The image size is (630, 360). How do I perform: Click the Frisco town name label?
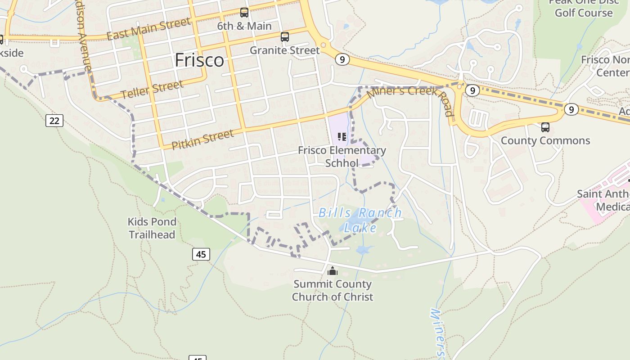[199, 60]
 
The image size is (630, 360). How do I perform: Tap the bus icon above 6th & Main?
[244, 13]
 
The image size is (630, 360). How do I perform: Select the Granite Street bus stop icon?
[285, 37]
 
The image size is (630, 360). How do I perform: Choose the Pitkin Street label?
[202, 139]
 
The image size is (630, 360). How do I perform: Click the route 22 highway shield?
[54, 121]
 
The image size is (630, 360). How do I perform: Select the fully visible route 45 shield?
[201, 254]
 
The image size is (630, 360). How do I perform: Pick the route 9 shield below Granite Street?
[342, 59]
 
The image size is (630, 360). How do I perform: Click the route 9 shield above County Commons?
[571, 109]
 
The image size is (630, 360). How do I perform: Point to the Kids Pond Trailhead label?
[152, 228]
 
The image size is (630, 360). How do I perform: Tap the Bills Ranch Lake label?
[360, 220]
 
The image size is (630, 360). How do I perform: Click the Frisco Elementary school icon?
[342, 137]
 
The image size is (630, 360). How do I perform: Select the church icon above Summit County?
[333, 271]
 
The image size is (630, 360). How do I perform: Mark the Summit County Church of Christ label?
[333, 290]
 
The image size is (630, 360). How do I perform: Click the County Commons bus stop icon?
[545, 127]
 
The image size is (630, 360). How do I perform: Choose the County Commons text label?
[545, 140]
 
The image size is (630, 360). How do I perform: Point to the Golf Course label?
[584, 12]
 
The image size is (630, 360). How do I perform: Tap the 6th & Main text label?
[244, 26]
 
